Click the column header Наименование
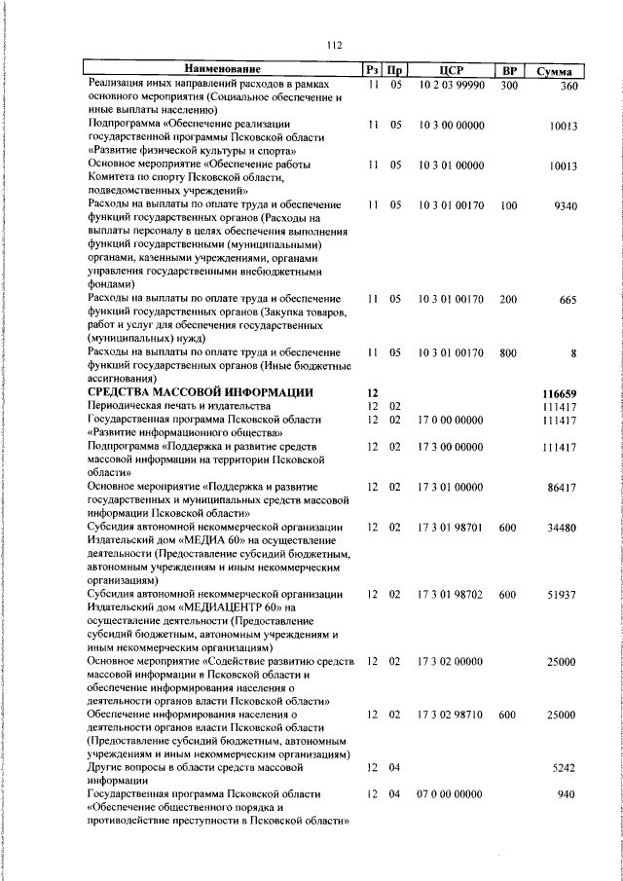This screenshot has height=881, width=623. (x=223, y=70)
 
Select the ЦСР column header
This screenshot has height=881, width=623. (x=450, y=71)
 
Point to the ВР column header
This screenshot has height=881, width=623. (x=508, y=71)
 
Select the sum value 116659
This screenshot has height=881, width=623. (x=560, y=391)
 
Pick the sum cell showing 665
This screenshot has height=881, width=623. (x=568, y=299)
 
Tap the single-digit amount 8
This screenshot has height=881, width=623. (x=574, y=352)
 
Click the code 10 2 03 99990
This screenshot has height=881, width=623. (x=451, y=86)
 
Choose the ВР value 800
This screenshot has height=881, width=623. (x=507, y=352)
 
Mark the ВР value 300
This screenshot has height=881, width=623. (x=507, y=86)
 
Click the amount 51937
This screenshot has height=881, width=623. (x=562, y=594)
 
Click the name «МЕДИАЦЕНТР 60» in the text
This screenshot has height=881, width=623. (x=210, y=607)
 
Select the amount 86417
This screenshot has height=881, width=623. (x=562, y=486)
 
